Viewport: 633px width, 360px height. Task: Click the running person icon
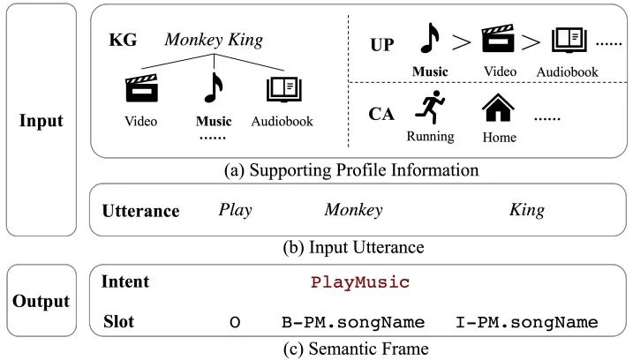tap(430, 109)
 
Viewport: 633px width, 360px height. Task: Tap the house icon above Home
tap(499, 109)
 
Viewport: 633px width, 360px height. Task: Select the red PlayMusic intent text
tap(360, 282)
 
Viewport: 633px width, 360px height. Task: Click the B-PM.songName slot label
tap(346, 322)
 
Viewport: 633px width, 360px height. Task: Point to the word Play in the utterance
tap(235, 211)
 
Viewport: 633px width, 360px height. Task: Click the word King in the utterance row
tap(527, 211)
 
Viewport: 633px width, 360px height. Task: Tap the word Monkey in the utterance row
tap(353, 211)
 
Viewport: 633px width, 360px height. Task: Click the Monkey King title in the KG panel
tap(214, 40)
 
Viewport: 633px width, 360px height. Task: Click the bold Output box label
tap(42, 301)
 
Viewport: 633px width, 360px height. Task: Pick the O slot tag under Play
tap(235, 322)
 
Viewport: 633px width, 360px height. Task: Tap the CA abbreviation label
tap(381, 113)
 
